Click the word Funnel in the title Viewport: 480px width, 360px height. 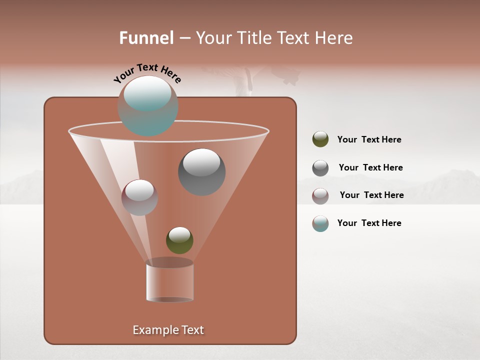click(146, 38)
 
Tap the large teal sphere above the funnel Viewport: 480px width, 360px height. click(147, 105)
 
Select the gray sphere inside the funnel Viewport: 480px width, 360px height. click(201, 171)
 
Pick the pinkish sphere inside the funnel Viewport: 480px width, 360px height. click(139, 197)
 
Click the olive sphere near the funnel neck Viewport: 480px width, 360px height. click(179, 240)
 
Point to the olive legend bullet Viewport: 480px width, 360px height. click(320, 139)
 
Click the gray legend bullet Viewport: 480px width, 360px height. click(320, 168)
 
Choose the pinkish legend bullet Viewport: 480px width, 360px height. click(320, 196)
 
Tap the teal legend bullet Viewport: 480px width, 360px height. click(320, 223)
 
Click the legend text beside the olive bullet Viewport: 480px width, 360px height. click(369, 139)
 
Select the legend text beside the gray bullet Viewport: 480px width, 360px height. click(370, 167)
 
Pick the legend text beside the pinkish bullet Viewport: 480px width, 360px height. click(371, 195)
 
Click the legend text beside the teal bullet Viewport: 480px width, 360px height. click(369, 223)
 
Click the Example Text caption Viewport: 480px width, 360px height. click(168, 330)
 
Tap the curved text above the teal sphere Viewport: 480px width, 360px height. click(147, 72)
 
